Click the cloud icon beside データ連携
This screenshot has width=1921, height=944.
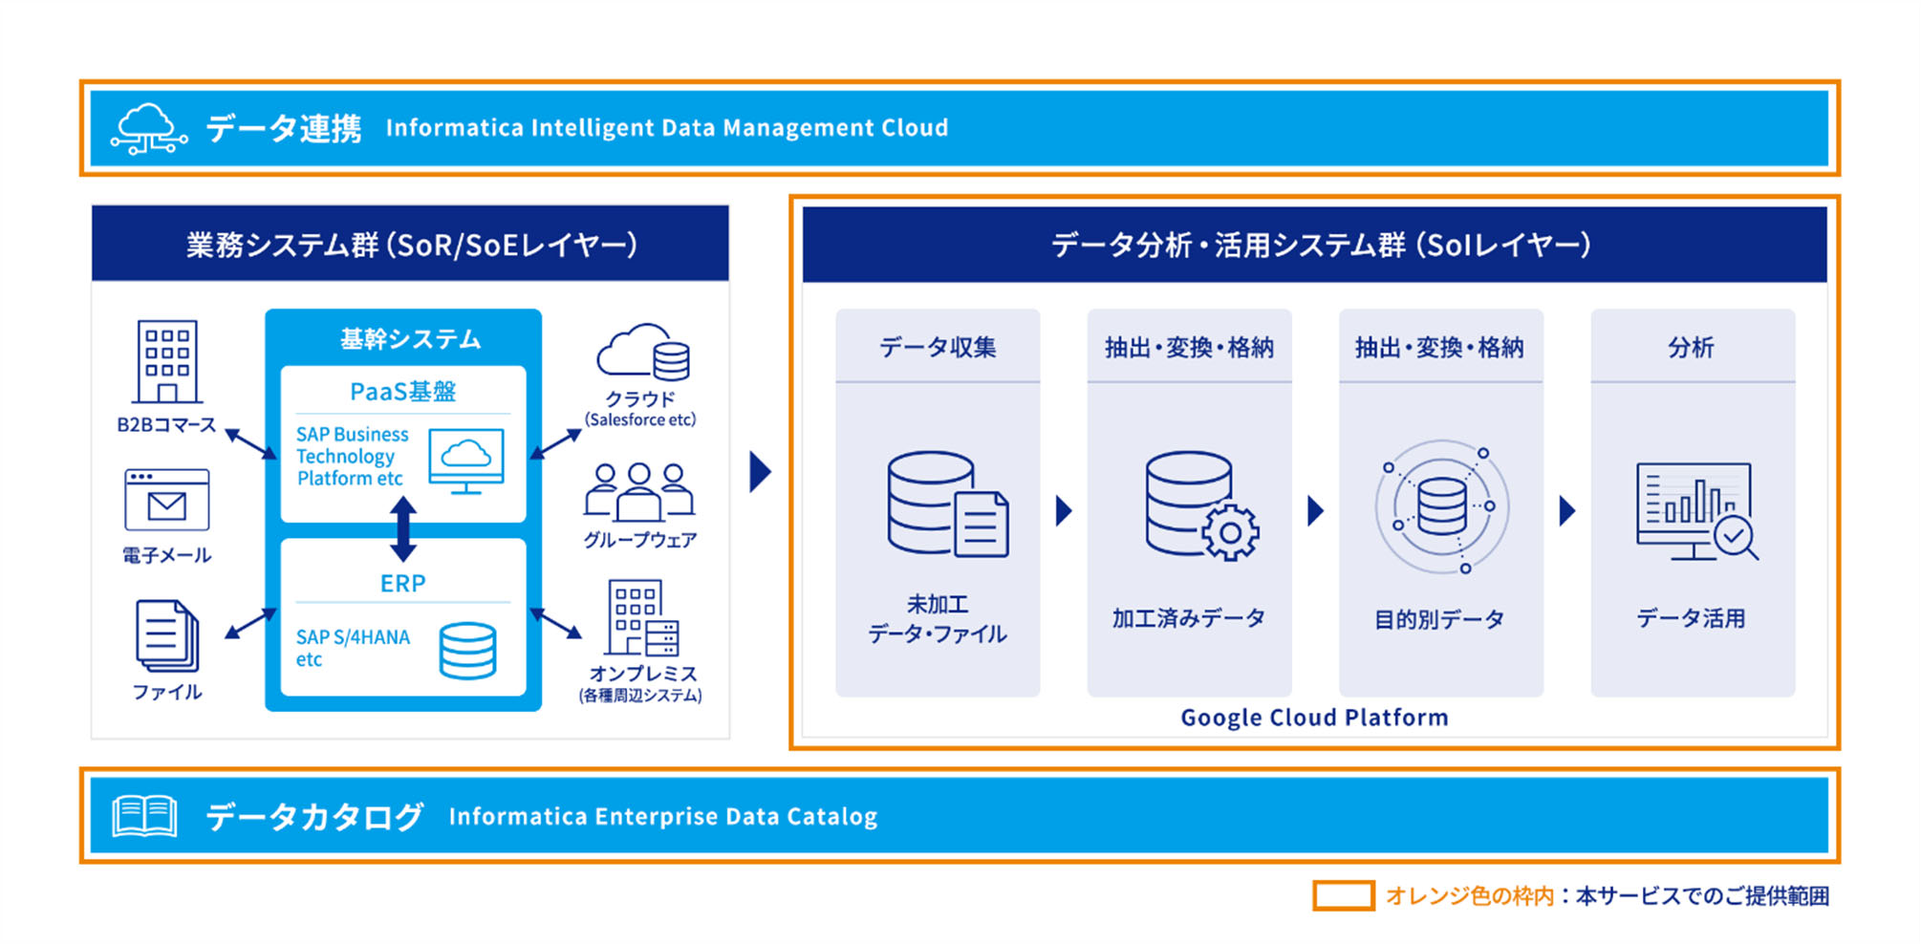pos(148,129)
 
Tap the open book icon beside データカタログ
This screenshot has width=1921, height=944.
pos(144,816)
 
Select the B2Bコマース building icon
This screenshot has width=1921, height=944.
pos(167,362)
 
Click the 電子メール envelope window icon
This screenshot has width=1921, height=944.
pos(166,500)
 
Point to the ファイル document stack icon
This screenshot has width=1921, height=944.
pos(167,635)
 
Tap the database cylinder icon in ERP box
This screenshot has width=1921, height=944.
pos(467,651)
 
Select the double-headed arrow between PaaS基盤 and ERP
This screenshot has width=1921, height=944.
pos(403,528)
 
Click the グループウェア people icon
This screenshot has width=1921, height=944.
pos(638,491)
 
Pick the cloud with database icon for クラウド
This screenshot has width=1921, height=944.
pos(643,353)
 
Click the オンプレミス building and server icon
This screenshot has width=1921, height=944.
pos(642,618)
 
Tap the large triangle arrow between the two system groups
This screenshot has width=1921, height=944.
pos(760,471)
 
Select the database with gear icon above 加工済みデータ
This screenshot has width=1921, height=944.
pos(1200,505)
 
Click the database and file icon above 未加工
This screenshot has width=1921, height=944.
pos(946,504)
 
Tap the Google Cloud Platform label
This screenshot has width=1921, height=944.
pos(1314,718)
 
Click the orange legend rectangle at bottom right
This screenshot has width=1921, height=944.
pos(1343,895)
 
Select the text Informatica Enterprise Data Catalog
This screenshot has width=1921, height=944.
pos(662,817)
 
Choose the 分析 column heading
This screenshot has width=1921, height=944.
pos(1691,347)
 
